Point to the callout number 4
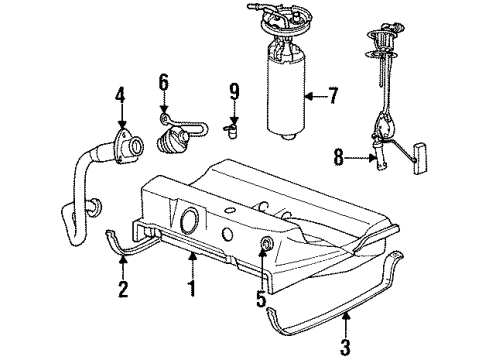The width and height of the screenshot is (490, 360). [120, 97]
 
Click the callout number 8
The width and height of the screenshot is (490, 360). [338, 156]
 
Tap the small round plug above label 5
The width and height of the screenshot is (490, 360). [264, 245]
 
